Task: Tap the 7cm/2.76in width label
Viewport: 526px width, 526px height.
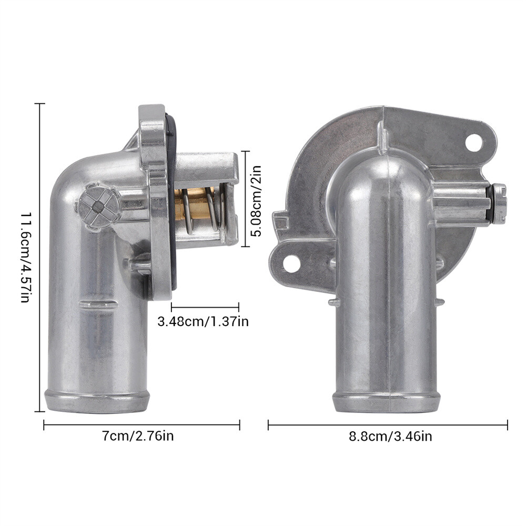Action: tap(138, 436)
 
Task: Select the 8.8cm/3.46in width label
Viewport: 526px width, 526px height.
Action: tap(390, 437)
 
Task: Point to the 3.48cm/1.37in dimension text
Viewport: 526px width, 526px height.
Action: tap(203, 321)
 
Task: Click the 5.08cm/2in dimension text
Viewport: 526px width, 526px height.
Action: tap(256, 201)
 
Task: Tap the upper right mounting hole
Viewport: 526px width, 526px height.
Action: tap(474, 142)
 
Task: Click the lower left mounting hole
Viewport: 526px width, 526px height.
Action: tap(291, 264)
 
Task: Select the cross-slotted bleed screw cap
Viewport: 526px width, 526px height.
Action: tap(98, 207)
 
